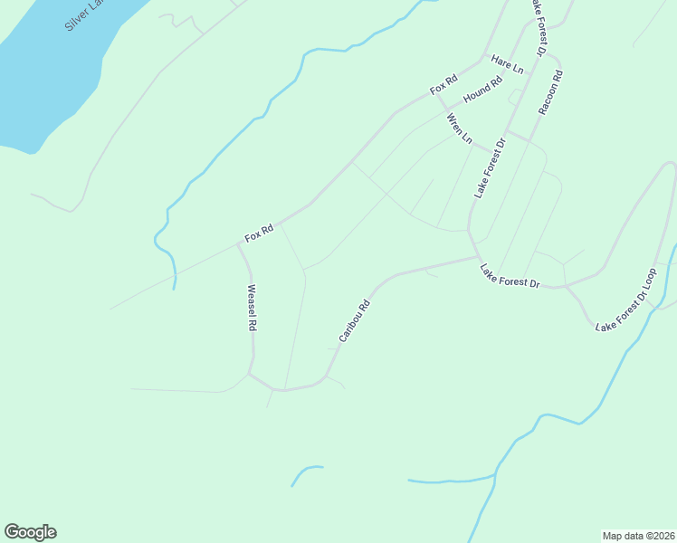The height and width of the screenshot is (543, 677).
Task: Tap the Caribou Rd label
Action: coord(355,321)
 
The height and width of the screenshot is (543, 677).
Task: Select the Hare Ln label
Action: coord(507,65)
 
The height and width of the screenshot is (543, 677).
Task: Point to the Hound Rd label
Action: coord(482,90)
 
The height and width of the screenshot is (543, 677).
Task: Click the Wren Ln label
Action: coord(459,128)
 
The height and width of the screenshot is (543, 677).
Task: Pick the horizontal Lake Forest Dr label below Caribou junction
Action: coord(510,276)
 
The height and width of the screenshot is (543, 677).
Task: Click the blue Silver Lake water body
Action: coord(45,81)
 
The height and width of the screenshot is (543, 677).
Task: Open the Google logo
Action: coord(30,532)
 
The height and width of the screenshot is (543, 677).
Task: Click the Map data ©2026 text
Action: coord(638,536)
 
